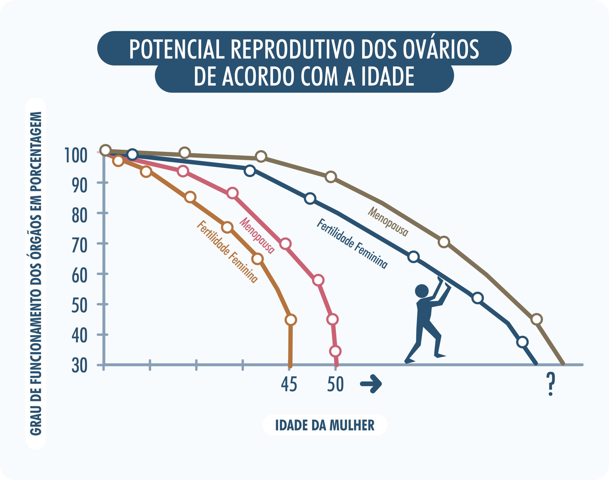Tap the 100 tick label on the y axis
tap(76, 155)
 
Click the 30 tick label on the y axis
tap(79, 366)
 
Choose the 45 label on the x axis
tap(289, 384)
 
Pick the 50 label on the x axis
tap(335, 384)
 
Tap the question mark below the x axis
tap(551, 384)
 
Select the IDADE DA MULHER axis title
tap(324, 425)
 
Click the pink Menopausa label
tap(256, 236)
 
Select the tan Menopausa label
tap(388, 222)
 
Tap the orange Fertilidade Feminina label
tap(227, 251)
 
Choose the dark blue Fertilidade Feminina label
tap(352, 244)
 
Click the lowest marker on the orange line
tap(291, 320)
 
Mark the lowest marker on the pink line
tap(335, 351)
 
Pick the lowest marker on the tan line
tap(536, 319)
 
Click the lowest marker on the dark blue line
tap(522, 342)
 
